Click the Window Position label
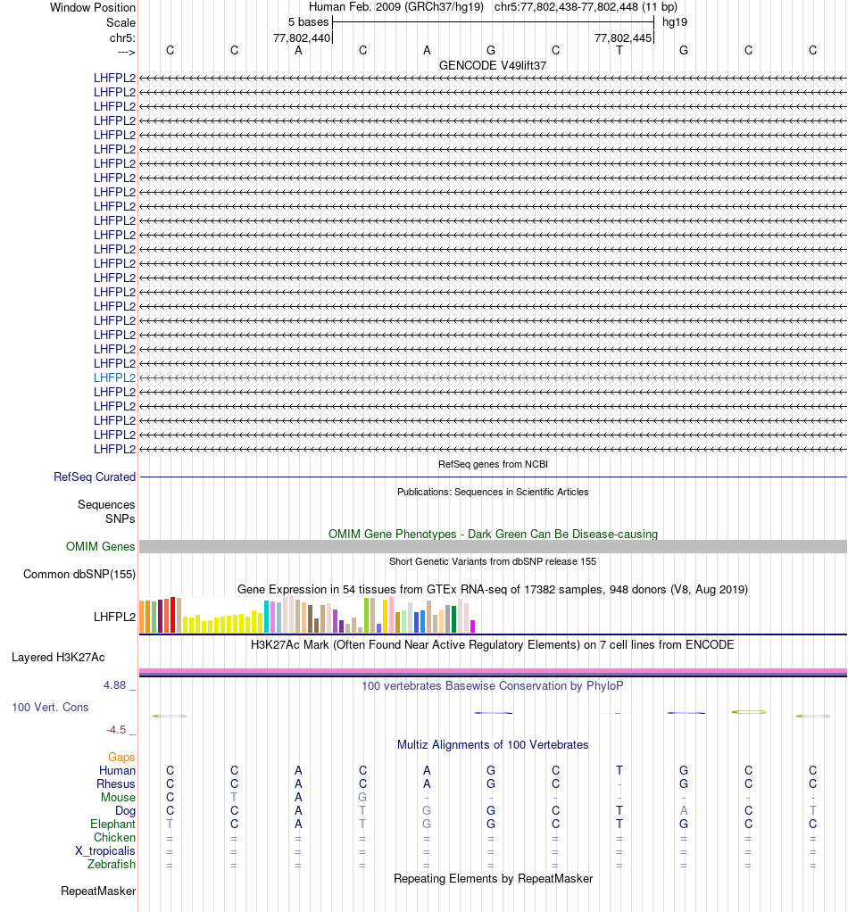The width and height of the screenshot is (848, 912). (93, 7)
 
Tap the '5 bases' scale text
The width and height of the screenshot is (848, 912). (308, 21)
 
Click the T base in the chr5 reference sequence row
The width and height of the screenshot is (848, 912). (619, 50)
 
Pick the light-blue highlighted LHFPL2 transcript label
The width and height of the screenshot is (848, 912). (115, 377)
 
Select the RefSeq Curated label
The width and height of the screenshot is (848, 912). (95, 477)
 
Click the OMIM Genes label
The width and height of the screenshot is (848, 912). (101, 547)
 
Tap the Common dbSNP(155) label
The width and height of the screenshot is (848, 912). (79, 575)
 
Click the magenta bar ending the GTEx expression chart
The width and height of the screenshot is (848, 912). (473, 626)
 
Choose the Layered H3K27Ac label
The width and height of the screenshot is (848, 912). (58, 658)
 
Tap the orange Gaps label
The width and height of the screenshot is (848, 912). (121, 757)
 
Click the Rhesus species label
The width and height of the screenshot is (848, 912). (116, 783)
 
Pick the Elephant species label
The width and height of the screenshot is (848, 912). (112, 824)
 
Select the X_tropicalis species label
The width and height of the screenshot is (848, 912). (105, 850)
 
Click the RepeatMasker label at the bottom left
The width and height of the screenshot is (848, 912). (98, 891)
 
